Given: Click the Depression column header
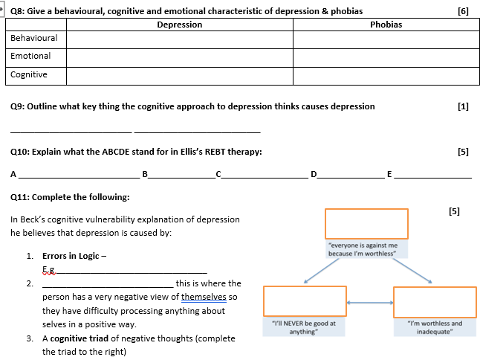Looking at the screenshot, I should pyautogui.click(x=180, y=25).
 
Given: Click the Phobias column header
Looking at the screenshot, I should pyautogui.click(x=386, y=25).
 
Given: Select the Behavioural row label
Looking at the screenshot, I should pyautogui.click(x=34, y=38).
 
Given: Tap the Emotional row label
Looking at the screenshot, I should pyautogui.click(x=31, y=57).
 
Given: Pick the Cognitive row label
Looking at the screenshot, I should pyautogui.click(x=29, y=74).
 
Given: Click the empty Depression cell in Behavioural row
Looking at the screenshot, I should pyautogui.click(x=180, y=39).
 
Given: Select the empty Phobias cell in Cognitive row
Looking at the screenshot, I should pyautogui.click(x=386, y=75).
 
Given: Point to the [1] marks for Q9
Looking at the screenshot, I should pyautogui.click(x=464, y=106).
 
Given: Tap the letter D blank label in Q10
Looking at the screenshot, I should pyautogui.click(x=314, y=174).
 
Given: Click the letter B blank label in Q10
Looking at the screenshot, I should pyautogui.click(x=145, y=174).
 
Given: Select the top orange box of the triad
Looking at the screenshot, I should pyautogui.click(x=366, y=223).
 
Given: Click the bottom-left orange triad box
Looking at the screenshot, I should pyautogui.click(x=305, y=301).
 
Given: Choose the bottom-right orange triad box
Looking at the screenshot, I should pyautogui.click(x=435, y=301).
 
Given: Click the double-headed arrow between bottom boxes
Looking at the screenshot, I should pyautogui.click(x=369, y=303).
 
